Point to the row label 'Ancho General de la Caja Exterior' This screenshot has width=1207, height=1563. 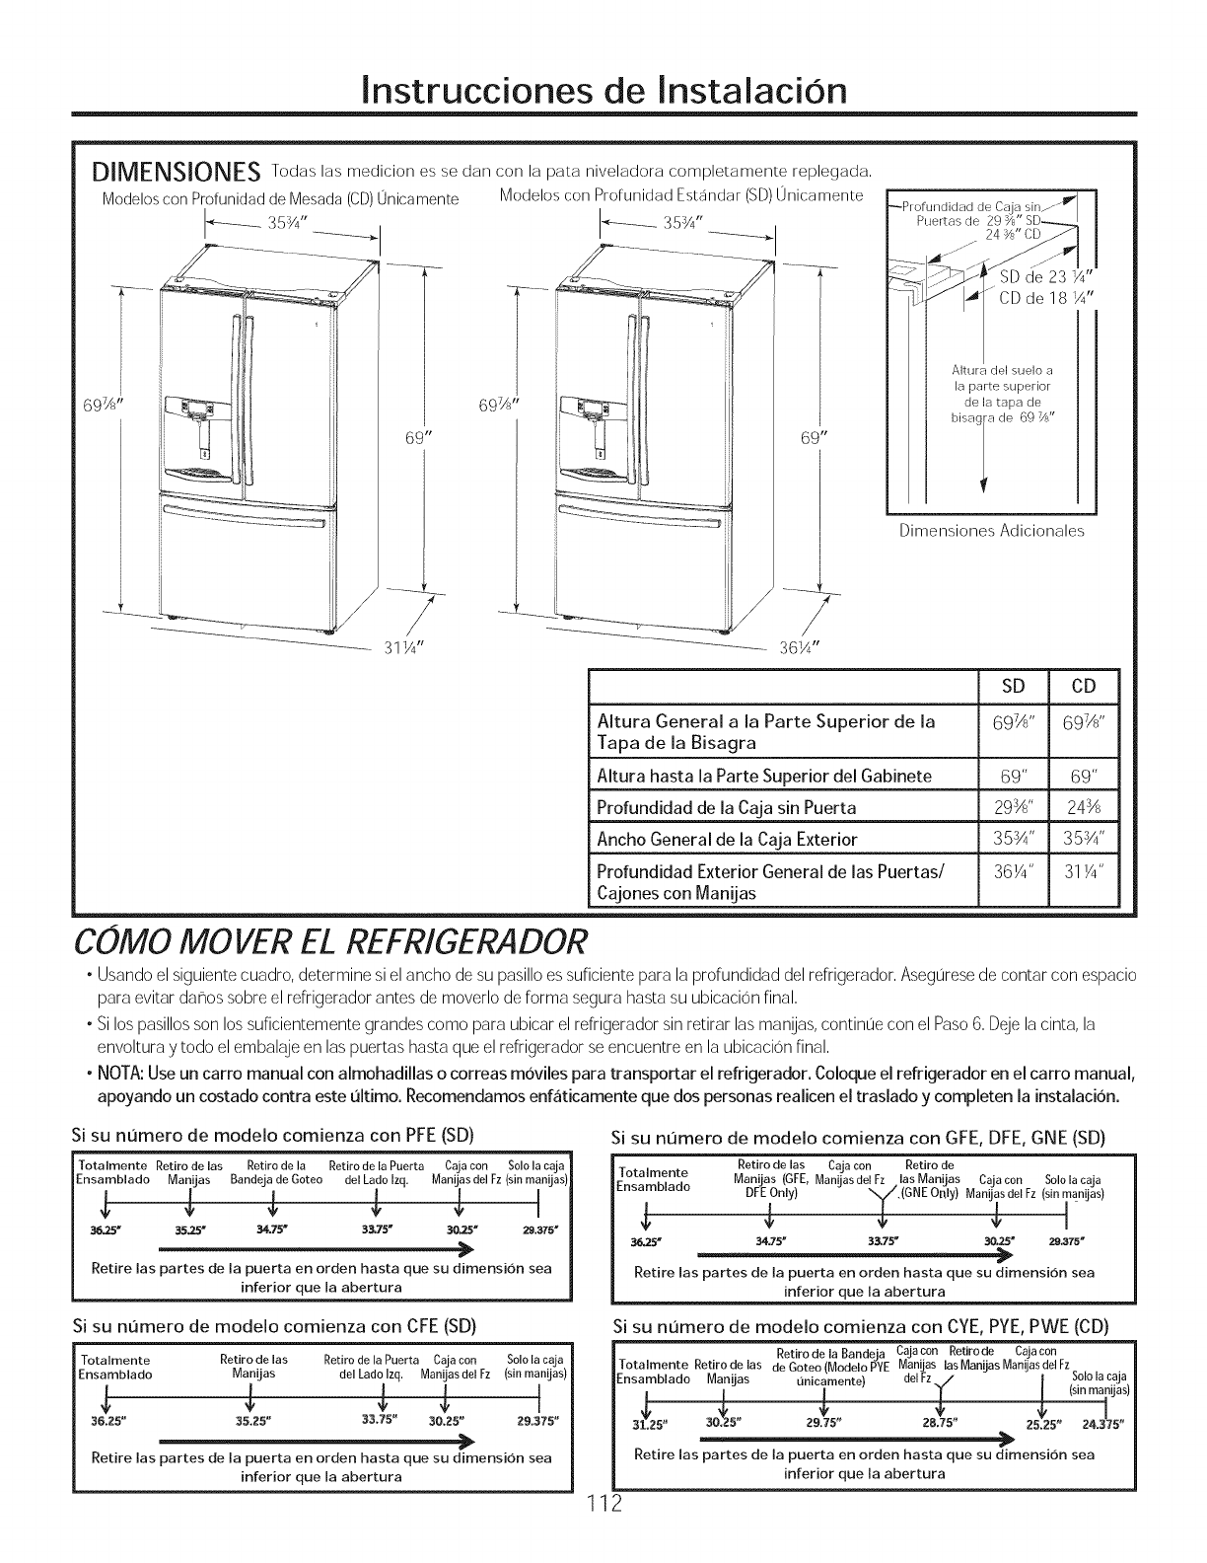pyautogui.click(x=727, y=840)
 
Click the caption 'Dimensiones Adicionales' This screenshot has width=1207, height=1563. pyautogui.click(x=991, y=530)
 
